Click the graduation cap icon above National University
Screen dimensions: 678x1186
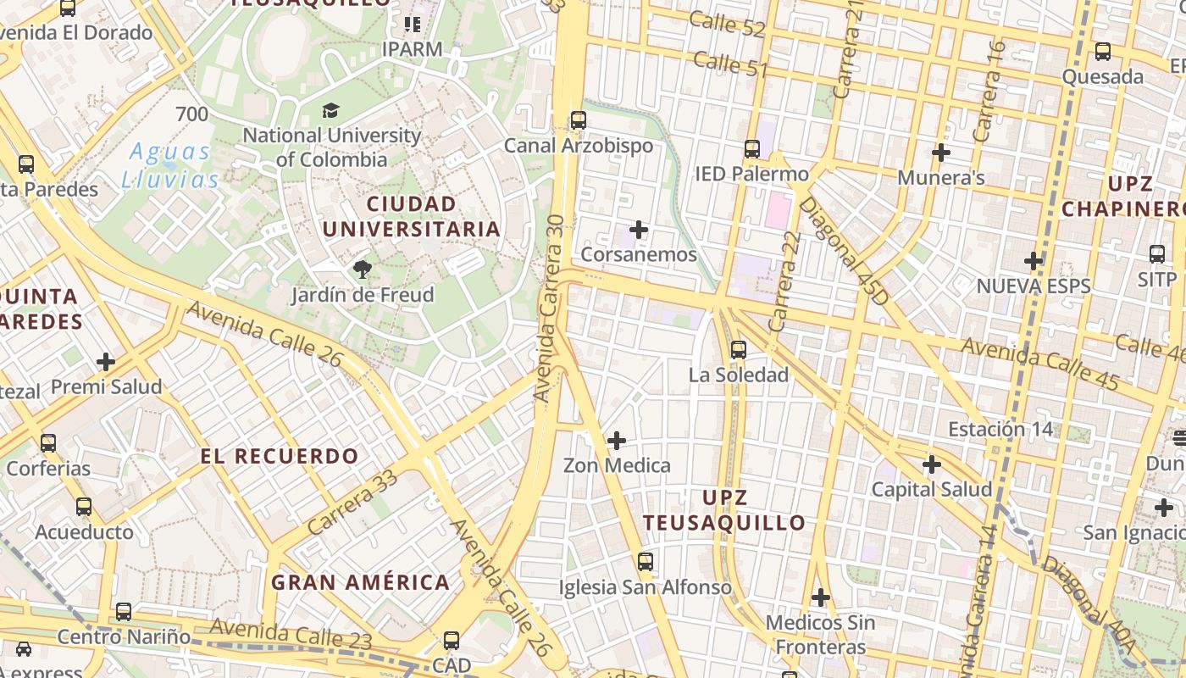330,110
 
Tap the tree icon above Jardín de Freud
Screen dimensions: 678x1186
363,270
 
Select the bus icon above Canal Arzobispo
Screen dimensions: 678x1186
579,120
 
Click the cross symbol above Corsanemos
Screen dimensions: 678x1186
639,230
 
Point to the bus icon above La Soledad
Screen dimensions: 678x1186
739,350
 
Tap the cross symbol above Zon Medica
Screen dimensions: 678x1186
617,441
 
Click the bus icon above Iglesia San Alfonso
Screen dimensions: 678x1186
646,562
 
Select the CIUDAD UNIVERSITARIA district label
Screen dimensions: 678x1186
411,217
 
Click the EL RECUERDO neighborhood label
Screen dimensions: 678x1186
280,456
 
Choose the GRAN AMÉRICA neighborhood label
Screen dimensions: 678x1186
360,582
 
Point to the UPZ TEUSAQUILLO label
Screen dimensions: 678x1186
724,510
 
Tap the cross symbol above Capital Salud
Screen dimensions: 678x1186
932,464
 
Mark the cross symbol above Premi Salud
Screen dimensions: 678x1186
106,362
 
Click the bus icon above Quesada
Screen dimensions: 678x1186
1103,52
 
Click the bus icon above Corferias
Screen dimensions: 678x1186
48,443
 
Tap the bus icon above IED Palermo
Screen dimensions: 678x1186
752,149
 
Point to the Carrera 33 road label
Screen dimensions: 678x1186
352,501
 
